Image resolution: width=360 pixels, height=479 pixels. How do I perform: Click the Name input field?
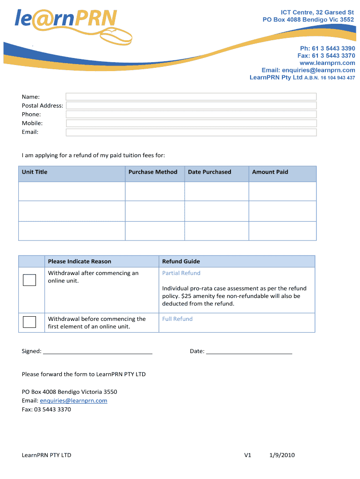[191, 96]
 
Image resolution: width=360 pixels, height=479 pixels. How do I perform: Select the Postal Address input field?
[191, 105]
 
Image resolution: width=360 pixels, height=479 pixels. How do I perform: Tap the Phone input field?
[191, 114]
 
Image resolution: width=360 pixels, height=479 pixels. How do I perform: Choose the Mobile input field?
[191, 123]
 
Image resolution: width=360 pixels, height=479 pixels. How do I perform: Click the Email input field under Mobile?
[191, 132]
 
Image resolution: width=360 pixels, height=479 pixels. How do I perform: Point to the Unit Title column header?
[35, 172]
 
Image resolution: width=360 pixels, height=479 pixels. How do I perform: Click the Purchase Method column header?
[153, 172]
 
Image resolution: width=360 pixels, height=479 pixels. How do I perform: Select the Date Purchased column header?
[209, 172]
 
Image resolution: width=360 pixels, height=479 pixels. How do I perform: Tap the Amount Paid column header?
[270, 172]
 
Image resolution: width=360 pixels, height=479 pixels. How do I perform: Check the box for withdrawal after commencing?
[29, 280]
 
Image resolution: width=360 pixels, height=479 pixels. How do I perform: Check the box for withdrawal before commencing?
[29, 322]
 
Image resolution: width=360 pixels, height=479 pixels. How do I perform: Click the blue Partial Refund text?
[181, 273]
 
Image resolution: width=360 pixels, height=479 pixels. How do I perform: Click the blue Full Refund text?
[177, 319]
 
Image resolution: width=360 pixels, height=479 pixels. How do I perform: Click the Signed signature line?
[98, 352]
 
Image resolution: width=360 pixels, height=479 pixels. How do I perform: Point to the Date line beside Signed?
[249, 352]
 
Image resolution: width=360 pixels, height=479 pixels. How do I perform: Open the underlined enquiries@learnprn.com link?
[73, 401]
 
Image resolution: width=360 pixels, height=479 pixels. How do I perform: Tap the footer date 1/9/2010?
[282, 455]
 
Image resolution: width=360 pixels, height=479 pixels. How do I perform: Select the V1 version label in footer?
[248, 455]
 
